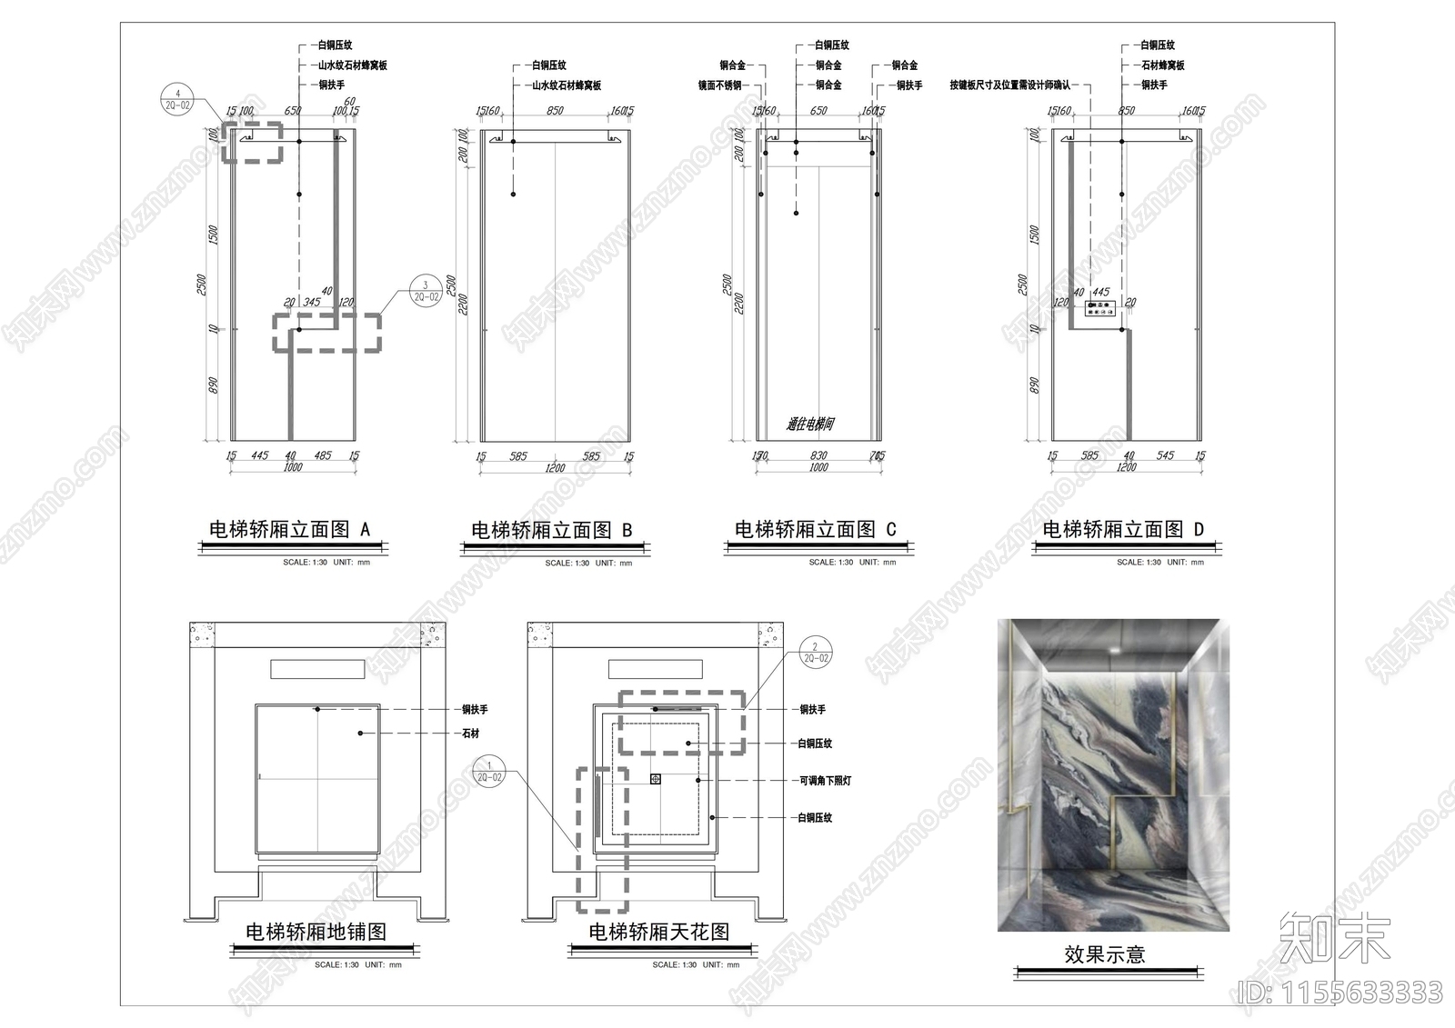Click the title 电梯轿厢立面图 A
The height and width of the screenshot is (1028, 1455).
(x=289, y=529)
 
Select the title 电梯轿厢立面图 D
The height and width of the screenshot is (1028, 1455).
(x=1122, y=529)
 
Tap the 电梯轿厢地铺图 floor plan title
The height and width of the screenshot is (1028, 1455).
(x=316, y=932)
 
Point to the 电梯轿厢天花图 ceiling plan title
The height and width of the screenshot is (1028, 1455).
(x=658, y=932)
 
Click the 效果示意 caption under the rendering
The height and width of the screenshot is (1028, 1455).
(x=1104, y=954)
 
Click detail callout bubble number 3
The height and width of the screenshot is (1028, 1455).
(x=426, y=291)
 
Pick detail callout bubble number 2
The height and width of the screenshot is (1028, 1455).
(x=815, y=653)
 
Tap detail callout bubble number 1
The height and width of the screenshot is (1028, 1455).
(x=489, y=772)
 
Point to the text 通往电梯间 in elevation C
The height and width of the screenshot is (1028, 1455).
(x=810, y=424)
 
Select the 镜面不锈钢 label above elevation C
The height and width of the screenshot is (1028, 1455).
(x=719, y=85)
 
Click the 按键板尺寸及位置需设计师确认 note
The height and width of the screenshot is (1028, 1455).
(x=1009, y=85)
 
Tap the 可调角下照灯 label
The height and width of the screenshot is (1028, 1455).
(x=825, y=781)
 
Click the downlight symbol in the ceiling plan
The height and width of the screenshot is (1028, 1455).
(x=655, y=779)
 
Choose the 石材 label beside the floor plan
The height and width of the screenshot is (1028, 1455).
(x=470, y=734)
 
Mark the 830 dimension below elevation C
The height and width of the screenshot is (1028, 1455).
(x=818, y=456)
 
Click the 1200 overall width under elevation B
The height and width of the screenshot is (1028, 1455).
(x=555, y=469)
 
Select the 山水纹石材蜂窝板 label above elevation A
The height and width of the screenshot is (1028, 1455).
(x=352, y=65)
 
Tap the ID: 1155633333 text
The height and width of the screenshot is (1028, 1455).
(x=1340, y=993)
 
